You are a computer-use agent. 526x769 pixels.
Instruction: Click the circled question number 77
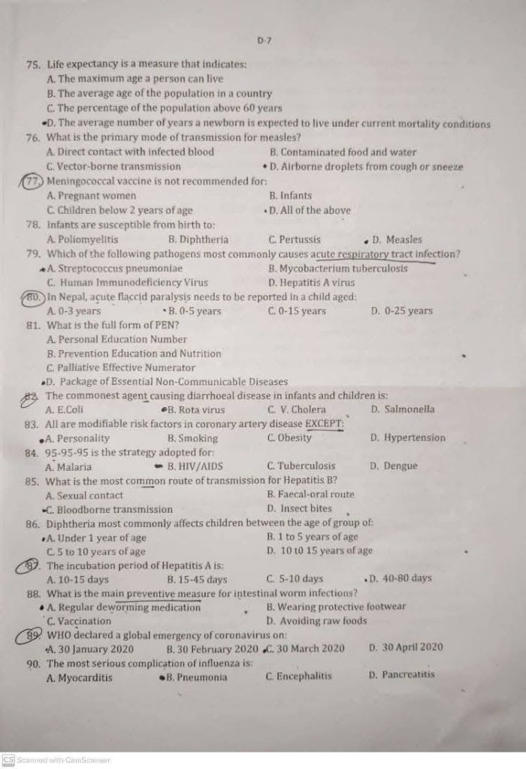[x=34, y=181]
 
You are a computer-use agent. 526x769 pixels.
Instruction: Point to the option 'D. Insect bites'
[x=299, y=508]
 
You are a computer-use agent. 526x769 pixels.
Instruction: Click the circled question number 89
[x=32, y=635]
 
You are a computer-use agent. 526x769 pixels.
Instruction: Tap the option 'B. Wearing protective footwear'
[x=336, y=607]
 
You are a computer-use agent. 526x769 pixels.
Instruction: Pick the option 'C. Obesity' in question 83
[x=289, y=438]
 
